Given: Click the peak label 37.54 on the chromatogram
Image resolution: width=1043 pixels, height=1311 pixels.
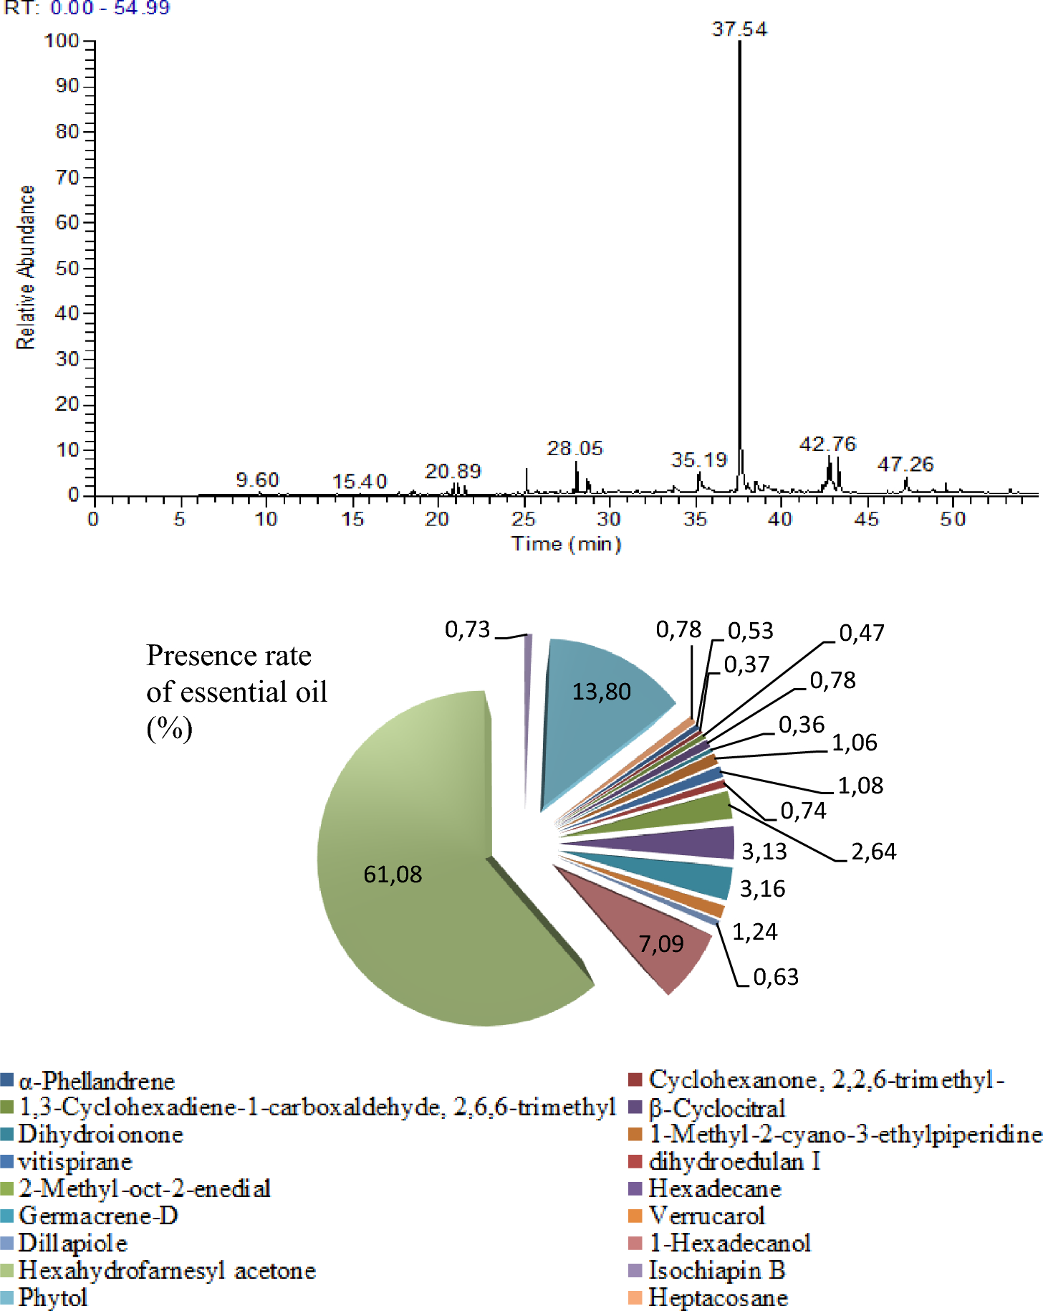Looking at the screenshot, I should pos(739,29).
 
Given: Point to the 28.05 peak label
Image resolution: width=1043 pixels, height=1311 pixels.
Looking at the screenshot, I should pos(575,449).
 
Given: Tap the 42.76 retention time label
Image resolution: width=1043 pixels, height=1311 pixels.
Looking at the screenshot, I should pos(827,444).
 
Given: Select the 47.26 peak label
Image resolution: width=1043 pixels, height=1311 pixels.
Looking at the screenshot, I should pos(905,464).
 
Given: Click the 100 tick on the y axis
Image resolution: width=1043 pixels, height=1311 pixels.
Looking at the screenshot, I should pos(62,41).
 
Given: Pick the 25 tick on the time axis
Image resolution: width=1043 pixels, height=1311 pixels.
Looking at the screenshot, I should pos(524,518).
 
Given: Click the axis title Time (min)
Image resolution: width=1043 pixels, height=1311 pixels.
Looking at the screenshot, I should pos(566,544).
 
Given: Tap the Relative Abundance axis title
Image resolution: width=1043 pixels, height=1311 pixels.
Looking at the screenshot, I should pos(26,267).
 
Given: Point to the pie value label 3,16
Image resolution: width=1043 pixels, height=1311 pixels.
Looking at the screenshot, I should pos(762,889).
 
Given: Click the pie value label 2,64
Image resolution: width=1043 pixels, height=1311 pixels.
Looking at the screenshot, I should pos(873,852).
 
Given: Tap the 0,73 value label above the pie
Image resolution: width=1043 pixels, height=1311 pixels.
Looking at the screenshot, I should pos(467,629).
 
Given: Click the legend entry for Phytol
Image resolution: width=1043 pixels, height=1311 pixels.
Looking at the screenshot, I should pos(53,1297).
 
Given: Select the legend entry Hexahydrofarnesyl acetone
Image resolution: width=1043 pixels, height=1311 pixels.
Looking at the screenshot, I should pos(167,1270).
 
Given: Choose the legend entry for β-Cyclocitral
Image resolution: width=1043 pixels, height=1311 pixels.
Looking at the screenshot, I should pos(716,1108).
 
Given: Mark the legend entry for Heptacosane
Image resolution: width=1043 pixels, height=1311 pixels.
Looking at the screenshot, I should pos(718,1297).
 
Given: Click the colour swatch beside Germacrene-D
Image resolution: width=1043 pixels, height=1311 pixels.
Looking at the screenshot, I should pos(7,1216).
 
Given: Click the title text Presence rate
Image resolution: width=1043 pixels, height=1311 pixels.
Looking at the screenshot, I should pos(229,656).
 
